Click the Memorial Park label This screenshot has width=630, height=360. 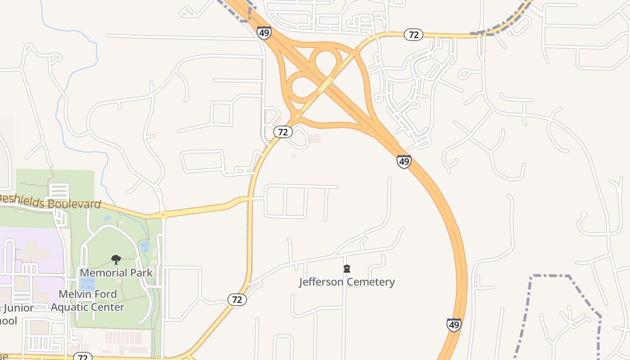tap(116, 273)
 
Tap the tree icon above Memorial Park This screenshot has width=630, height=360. tap(116, 260)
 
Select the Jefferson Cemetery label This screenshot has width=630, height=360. tap(347, 282)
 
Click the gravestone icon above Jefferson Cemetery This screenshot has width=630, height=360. tap(347, 269)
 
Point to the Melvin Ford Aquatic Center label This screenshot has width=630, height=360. tap(88, 301)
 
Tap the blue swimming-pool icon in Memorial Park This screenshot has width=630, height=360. tap(87, 283)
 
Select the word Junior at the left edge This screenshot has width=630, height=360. tap(18, 308)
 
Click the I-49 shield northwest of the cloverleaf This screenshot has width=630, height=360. tap(264, 32)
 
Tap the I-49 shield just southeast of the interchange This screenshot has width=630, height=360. tap(404, 162)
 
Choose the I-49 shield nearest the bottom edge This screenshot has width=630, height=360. tap(454, 324)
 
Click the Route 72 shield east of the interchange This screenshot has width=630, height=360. tap(414, 34)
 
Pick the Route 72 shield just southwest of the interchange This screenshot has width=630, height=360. tap(283, 132)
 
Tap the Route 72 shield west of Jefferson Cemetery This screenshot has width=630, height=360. tap(237, 300)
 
